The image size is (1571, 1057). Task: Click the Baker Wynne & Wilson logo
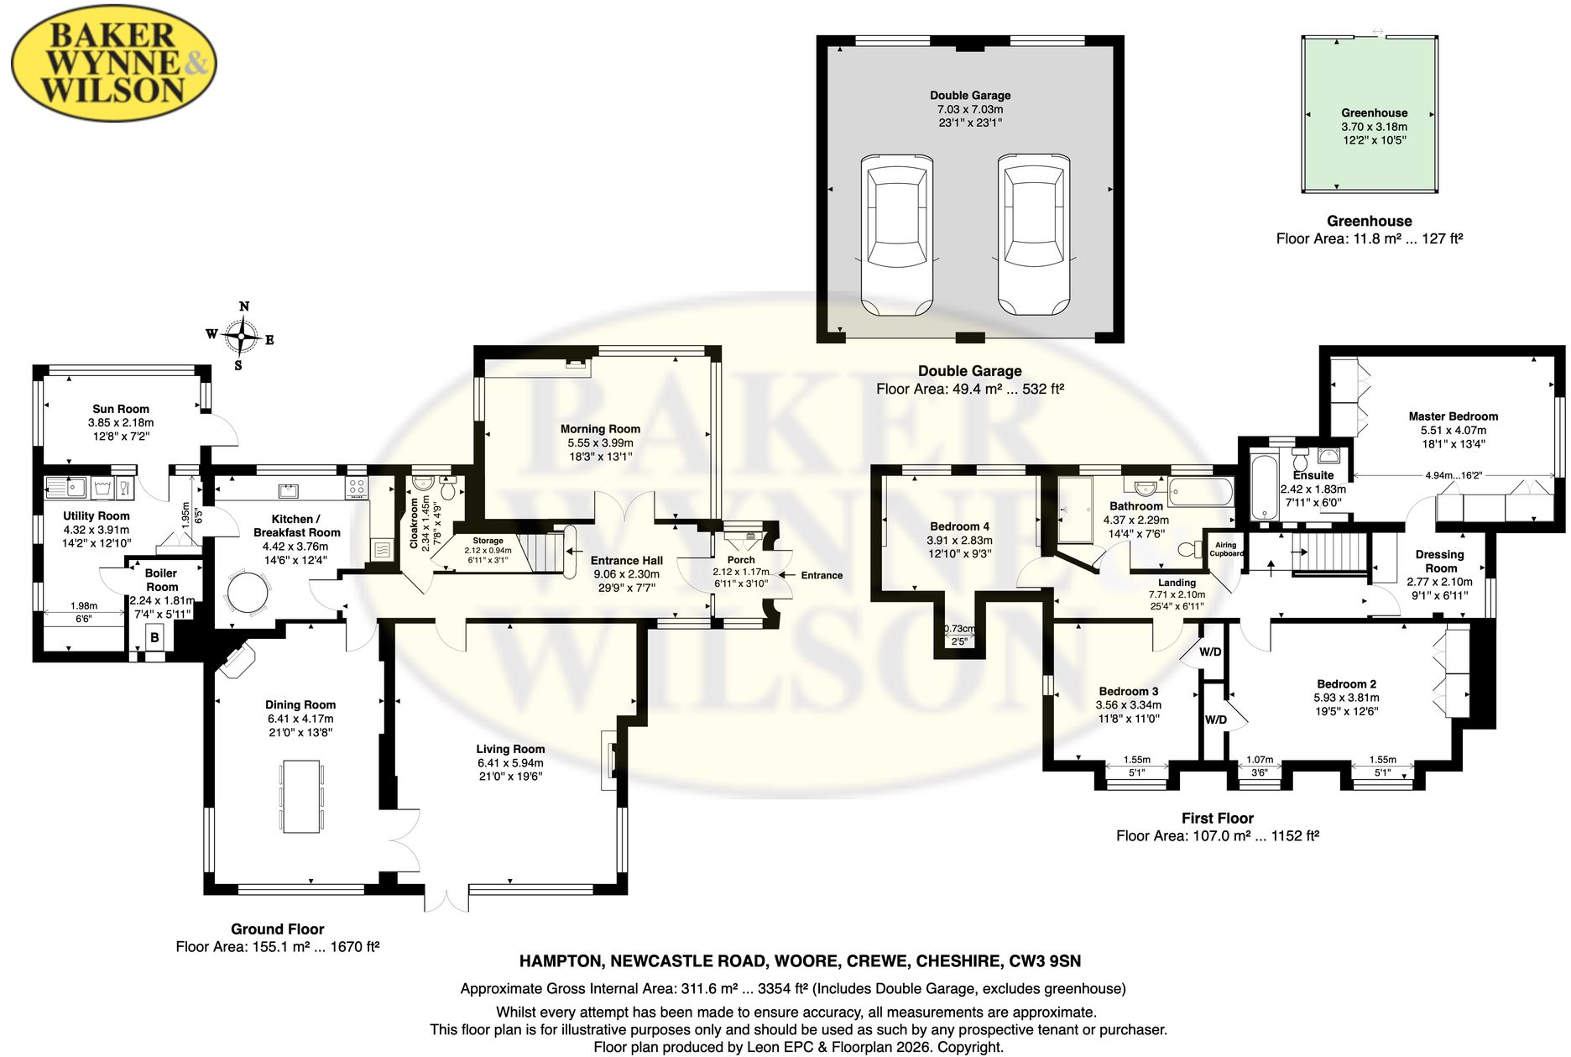click(114, 64)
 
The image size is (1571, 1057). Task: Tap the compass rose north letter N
click(244, 306)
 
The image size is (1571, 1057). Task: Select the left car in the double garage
click(897, 235)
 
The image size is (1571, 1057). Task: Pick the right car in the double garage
click(1034, 235)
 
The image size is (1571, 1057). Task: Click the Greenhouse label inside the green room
click(1374, 113)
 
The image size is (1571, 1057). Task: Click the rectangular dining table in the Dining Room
click(301, 796)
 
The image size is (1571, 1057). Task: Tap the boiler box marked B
click(154, 638)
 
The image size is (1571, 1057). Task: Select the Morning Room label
click(600, 429)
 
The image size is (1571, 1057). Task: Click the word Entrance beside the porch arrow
click(822, 575)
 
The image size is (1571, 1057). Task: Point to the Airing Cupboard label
click(1226, 549)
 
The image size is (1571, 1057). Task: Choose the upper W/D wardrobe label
click(1210, 651)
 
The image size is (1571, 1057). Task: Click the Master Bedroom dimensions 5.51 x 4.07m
click(1453, 430)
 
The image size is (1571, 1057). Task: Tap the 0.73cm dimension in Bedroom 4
click(959, 629)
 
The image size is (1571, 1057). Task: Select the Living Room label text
click(510, 749)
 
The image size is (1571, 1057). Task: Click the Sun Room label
click(121, 409)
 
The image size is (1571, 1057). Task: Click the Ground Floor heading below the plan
click(278, 929)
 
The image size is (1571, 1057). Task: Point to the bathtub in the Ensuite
click(1262, 488)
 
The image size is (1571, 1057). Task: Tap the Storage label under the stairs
click(488, 542)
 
